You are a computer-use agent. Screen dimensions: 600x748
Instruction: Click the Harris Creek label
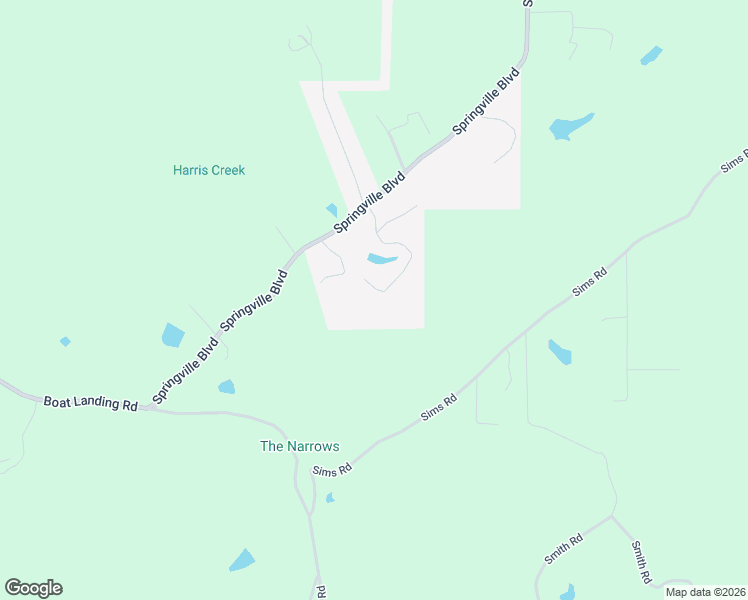209,170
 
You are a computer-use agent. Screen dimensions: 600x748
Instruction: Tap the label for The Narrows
300,447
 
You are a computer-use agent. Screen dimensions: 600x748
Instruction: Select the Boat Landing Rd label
90,403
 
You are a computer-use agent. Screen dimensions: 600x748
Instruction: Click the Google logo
33,588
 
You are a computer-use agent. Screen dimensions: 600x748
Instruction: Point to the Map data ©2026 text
705,592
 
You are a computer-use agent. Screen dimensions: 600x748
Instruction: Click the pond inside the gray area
382,260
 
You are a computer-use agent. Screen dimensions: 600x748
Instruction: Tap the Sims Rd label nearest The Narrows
332,470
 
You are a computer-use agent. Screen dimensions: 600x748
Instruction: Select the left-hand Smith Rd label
564,551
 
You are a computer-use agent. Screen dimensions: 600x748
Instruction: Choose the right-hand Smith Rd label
641,561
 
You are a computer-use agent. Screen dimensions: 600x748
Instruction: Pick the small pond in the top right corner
651,55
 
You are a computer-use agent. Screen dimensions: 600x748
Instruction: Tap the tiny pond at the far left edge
65,341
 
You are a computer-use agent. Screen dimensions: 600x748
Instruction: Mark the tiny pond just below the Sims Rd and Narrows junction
330,497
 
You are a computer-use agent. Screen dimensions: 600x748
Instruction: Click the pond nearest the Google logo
242,561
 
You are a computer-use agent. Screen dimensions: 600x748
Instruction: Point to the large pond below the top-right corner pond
570,127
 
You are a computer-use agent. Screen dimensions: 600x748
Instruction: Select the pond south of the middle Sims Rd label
560,352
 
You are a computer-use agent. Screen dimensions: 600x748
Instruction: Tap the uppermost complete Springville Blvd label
487,101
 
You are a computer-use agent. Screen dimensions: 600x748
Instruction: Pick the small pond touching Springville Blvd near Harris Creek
332,210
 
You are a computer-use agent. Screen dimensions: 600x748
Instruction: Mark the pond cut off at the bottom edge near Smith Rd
567,592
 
